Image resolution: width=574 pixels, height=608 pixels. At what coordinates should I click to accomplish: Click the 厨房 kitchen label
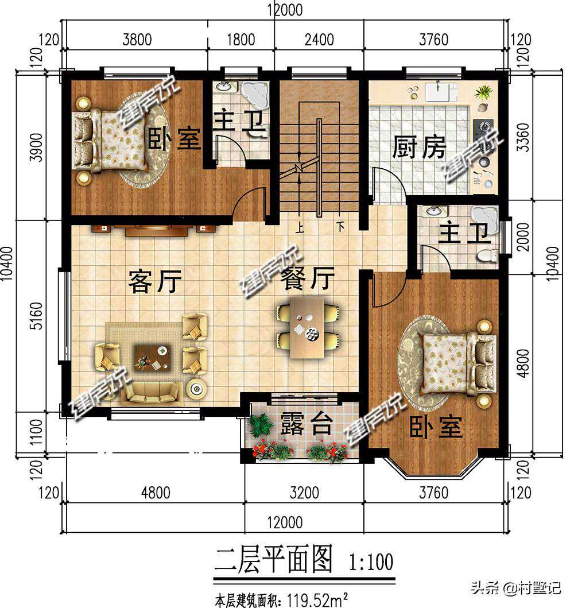(419, 147)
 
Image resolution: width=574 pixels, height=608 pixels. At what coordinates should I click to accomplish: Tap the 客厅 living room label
(155, 281)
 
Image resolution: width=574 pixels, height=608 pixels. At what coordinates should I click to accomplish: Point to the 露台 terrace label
(306, 424)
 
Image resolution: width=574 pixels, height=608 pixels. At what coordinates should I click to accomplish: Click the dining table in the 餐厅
(307, 328)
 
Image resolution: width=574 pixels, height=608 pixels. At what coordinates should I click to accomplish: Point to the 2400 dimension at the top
(319, 40)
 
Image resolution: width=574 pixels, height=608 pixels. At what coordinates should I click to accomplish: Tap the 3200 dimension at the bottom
(304, 493)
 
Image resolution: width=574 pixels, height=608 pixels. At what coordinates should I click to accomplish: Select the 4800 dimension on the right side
(523, 363)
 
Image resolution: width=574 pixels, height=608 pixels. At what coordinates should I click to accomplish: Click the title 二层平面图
(274, 560)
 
